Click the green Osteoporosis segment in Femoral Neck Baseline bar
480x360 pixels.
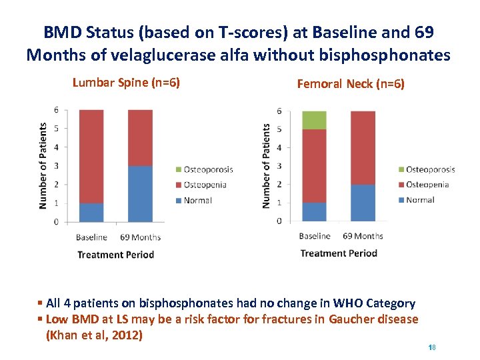314,120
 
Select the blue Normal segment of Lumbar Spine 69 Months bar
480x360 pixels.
140,193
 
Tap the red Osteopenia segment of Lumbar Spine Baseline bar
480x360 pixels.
91,156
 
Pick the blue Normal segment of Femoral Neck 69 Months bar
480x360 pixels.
363,202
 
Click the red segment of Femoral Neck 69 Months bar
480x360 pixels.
363,147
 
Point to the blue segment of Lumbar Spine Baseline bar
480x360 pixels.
91,212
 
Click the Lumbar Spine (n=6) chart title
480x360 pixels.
126,83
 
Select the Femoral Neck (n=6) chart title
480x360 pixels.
351,84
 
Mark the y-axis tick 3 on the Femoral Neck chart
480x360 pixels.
279,166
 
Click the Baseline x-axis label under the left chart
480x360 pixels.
91,237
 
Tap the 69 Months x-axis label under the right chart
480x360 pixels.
363,236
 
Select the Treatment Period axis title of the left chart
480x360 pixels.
115,255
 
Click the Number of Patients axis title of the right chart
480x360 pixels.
267,165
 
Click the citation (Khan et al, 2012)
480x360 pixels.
94,335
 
